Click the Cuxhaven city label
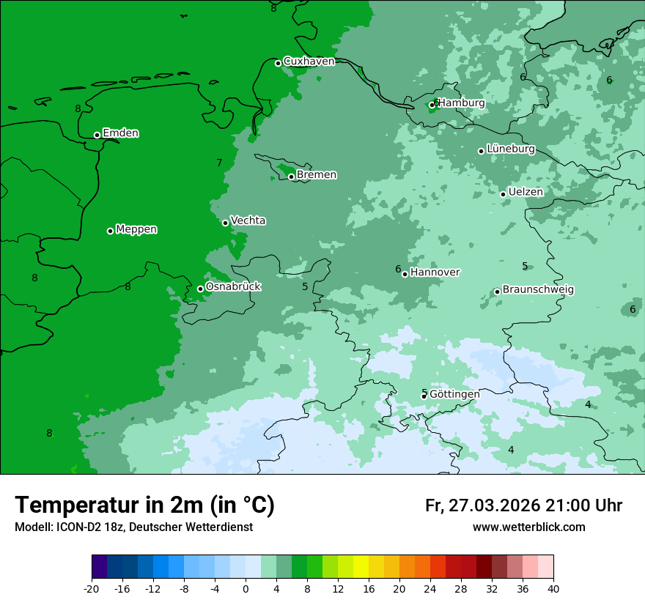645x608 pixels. click(309, 62)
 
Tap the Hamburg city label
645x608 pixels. click(461, 103)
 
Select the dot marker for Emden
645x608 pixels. click(97, 135)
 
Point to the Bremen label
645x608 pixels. click(317, 175)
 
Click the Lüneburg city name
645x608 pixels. click(511, 149)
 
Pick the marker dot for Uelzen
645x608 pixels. click(504, 194)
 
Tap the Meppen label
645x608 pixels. click(136, 229)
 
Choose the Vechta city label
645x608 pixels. click(248, 220)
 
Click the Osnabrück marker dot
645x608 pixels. click(200, 289)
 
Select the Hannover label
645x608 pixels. click(435, 273)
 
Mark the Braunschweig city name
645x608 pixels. click(538, 290)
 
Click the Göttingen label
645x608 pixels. click(454, 394)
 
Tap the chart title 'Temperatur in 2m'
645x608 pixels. click(144, 505)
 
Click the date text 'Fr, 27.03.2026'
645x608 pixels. click(482, 505)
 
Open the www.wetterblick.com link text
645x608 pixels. click(528, 527)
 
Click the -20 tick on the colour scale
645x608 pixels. click(92, 588)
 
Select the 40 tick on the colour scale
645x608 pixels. click(553, 588)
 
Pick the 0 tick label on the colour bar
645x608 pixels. click(246, 588)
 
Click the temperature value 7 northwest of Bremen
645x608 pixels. click(219, 163)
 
